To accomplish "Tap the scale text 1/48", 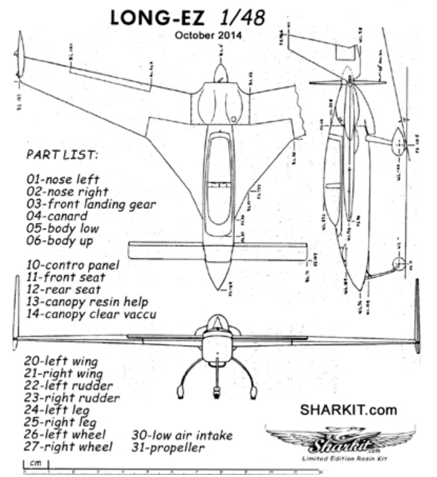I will (x=241, y=17).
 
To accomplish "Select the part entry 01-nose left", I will (x=62, y=178).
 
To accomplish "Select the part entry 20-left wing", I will (x=60, y=361).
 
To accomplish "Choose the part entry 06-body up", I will (x=61, y=240).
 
